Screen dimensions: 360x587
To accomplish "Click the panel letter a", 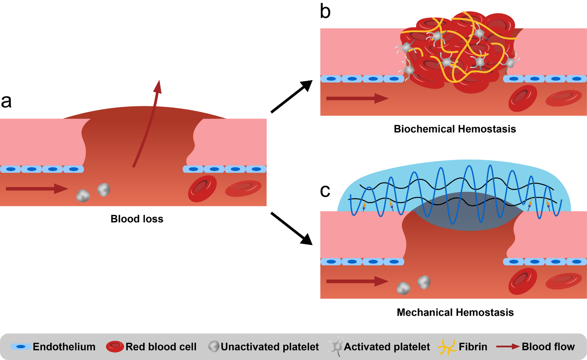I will (x=6, y=101).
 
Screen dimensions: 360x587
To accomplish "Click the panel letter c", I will (x=325, y=191).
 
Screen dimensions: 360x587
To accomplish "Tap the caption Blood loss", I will (x=137, y=219).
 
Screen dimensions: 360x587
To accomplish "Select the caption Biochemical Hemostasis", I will (x=455, y=129).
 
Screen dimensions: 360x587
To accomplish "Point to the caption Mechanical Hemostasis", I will (x=455, y=312).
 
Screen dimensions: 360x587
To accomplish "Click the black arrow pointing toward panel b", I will (x=291, y=96).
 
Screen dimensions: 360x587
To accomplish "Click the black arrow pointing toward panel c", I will (x=291, y=228).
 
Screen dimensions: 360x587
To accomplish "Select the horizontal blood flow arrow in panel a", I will (x=36, y=188).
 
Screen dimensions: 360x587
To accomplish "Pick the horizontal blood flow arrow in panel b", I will (x=357, y=99).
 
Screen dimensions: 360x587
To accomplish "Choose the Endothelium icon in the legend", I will (x=21, y=347).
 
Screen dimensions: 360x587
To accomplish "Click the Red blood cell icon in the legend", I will (x=115, y=347).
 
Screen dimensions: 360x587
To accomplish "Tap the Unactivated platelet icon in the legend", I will (x=214, y=347).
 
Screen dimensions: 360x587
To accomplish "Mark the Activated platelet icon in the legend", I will (x=337, y=347).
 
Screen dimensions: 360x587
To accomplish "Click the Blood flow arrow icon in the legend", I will (x=508, y=347).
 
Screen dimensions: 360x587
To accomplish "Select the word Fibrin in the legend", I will (x=473, y=347).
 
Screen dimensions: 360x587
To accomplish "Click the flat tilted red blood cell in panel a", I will (x=243, y=188).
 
